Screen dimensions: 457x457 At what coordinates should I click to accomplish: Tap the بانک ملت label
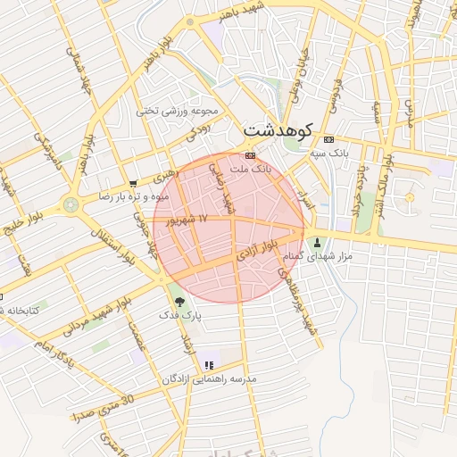click(x=250, y=168)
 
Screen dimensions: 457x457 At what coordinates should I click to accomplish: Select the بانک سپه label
click(x=328, y=154)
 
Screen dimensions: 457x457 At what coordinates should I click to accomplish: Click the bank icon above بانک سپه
click(x=328, y=139)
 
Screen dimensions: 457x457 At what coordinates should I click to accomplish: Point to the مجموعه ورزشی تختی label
click(x=178, y=112)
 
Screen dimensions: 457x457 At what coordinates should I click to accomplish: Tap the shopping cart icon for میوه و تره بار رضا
click(x=133, y=184)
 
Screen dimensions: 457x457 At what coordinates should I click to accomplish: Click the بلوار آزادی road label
click(x=259, y=250)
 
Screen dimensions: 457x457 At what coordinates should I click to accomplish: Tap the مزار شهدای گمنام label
click(x=317, y=256)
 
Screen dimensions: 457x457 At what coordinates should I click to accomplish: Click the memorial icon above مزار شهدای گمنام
click(x=317, y=243)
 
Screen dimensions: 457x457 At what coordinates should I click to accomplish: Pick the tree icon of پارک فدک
click(x=181, y=302)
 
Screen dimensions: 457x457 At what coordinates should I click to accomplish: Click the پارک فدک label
click(x=181, y=315)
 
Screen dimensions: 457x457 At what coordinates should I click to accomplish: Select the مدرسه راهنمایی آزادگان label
click(x=209, y=378)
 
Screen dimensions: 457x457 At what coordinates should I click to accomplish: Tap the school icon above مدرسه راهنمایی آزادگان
click(x=209, y=365)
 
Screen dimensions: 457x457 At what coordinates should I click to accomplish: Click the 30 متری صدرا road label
click(x=100, y=408)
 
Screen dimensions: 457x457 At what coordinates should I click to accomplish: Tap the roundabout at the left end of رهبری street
click(x=71, y=205)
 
